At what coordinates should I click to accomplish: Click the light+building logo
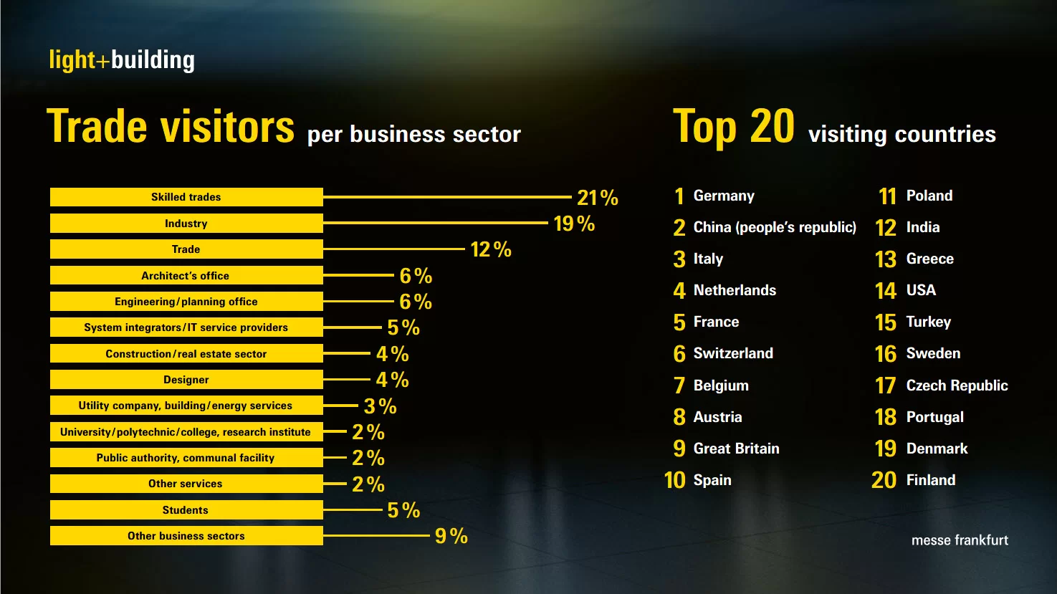click(x=122, y=60)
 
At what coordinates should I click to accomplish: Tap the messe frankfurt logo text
click(x=960, y=540)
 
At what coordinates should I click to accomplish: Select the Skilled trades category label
click(x=186, y=197)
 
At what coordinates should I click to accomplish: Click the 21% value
click(x=598, y=198)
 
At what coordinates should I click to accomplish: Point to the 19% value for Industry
click(x=574, y=224)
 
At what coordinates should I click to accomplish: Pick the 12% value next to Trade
click(x=491, y=249)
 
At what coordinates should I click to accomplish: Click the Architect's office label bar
click(x=186, y=276)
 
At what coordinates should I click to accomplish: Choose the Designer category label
click(x=186, y=380)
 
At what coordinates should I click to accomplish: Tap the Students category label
click(x=186, y=510)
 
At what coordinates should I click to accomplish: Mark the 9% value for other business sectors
click(x=451, y=536)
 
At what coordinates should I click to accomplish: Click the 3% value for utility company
click(x=381, y=406)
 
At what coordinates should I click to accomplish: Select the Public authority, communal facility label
click(x=186, y=458)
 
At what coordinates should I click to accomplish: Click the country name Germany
click(x=724, y=196)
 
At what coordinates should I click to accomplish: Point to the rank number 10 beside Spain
click(x=675, y=480)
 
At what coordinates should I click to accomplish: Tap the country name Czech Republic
click(x=957, y=385)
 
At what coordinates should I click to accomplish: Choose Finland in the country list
click(x=931, y=480)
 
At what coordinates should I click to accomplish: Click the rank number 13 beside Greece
click(x=886, y=259)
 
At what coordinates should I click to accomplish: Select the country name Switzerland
click(x=733, y=353)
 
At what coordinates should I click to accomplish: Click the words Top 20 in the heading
click(x=734, y=128)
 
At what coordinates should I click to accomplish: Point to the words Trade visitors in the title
click(x=171, y=128)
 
